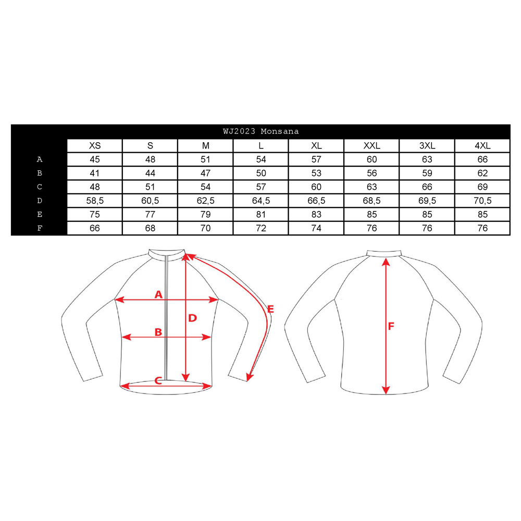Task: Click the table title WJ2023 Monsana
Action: coord(261,131)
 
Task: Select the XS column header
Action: coord(95,145)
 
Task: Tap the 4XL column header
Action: coord(482,145)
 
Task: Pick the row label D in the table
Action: coord(40,201)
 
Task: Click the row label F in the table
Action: coord(40,228)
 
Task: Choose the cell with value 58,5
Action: coord(95,201)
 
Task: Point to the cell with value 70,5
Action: coord(482,201)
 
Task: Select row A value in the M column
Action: coord(205,159)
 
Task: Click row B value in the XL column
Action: coord(316,173)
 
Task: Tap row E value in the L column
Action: coord(261,214)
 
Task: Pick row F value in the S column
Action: coord(150,228)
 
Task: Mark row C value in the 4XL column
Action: coord(482,187)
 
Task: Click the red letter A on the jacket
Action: coord(158,294)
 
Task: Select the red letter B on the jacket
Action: coord(158,332)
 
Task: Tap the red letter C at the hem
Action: coord(158,381)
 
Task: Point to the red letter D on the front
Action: coord(193,318)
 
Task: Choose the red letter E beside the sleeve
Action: coord(270,309)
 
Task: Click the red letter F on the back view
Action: coord(391,326)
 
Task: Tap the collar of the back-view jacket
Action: coord(384,254)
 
